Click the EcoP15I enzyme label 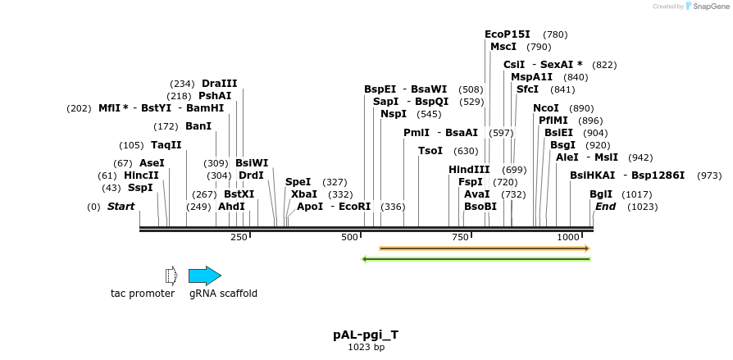(x=508, y=34)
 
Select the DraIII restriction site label (x=219, y=84)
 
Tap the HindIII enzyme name (x=469, y=170)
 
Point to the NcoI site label (x=545, y=108)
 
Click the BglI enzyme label (x=601, y=194)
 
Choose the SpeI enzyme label (x=298, y=182)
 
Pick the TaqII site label (x=166, y=145)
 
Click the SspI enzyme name (x=140, y=188)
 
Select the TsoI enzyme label (x=430, y=151)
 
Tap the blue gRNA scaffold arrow (x=205, y=276)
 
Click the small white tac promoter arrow (x=171, y=276)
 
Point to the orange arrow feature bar (x=484, y=248)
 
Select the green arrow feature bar (x=476, y=259)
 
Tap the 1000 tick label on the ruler (x=568, y=237)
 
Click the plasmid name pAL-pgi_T (x=366, y=335)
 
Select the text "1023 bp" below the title (x=366, y=348)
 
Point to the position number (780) (x=555, y=35)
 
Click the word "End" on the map (x=606, y=207)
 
